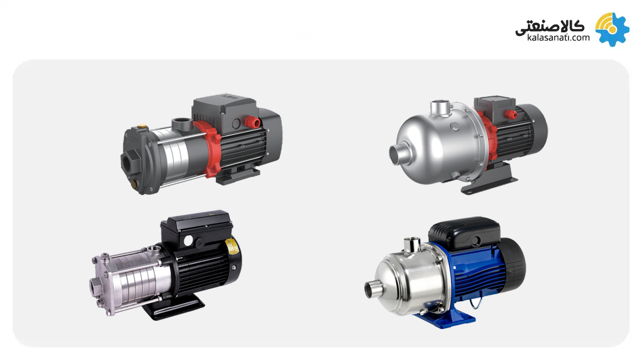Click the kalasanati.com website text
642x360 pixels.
(x=558, y=38)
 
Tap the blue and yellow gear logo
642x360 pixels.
(x=612, y=29)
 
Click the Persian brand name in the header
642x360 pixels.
(x=550, y=28)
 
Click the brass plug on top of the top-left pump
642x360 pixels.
(x=141, y=126)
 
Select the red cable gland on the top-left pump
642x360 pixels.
(x=252, y=122)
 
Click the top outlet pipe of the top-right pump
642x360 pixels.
(x=441, y=107)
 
